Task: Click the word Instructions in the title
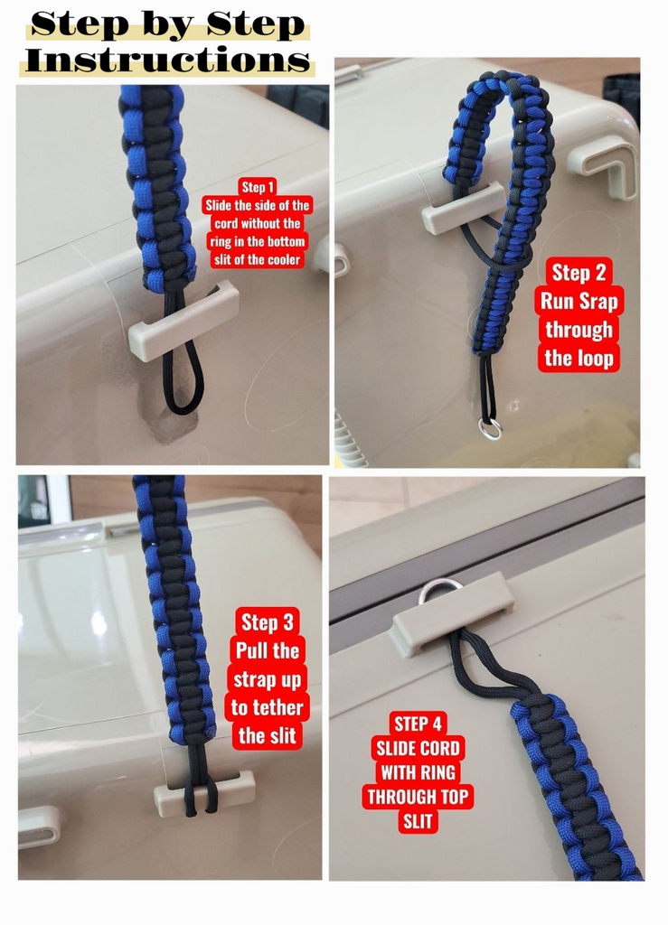167,61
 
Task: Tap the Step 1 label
258,188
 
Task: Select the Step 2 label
579,273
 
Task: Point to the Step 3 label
268,622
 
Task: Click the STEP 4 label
418,724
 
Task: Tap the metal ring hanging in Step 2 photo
490,429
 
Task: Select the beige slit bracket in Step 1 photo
183,321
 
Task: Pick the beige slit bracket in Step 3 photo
204,792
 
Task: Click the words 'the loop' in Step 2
579,358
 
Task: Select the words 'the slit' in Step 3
268,736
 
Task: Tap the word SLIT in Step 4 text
418,821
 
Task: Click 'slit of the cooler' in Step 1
258,259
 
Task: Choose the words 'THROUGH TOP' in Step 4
418,797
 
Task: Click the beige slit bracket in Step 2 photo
464,206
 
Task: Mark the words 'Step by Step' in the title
167,24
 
